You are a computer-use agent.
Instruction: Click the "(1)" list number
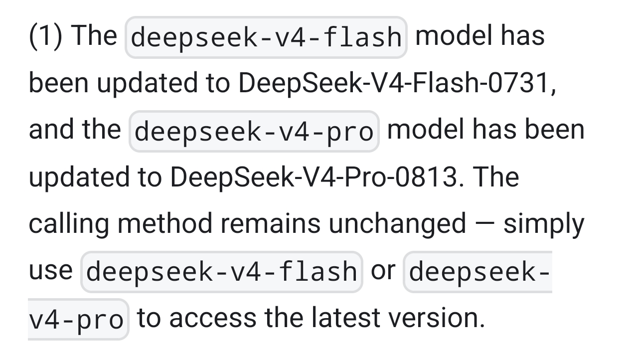pos(45,37)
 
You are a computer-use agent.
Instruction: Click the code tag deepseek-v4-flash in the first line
pos(266,37)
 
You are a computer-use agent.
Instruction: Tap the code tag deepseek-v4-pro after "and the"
pos(254,132)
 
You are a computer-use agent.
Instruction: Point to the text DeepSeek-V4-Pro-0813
pos(314,177)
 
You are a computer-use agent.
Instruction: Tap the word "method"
pos(164,224)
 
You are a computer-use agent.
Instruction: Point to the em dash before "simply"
pos(485,224)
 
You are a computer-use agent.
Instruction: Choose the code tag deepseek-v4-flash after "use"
pos(222,272)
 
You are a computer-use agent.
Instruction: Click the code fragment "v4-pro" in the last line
pos(76,320)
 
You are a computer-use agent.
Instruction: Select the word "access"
pos(213,318)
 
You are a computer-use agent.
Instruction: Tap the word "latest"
pos(346,318)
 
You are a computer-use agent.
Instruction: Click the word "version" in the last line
pos(433,318)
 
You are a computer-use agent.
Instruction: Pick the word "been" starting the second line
pos(59,83)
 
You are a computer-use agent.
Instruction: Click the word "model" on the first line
pos(454,36)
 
